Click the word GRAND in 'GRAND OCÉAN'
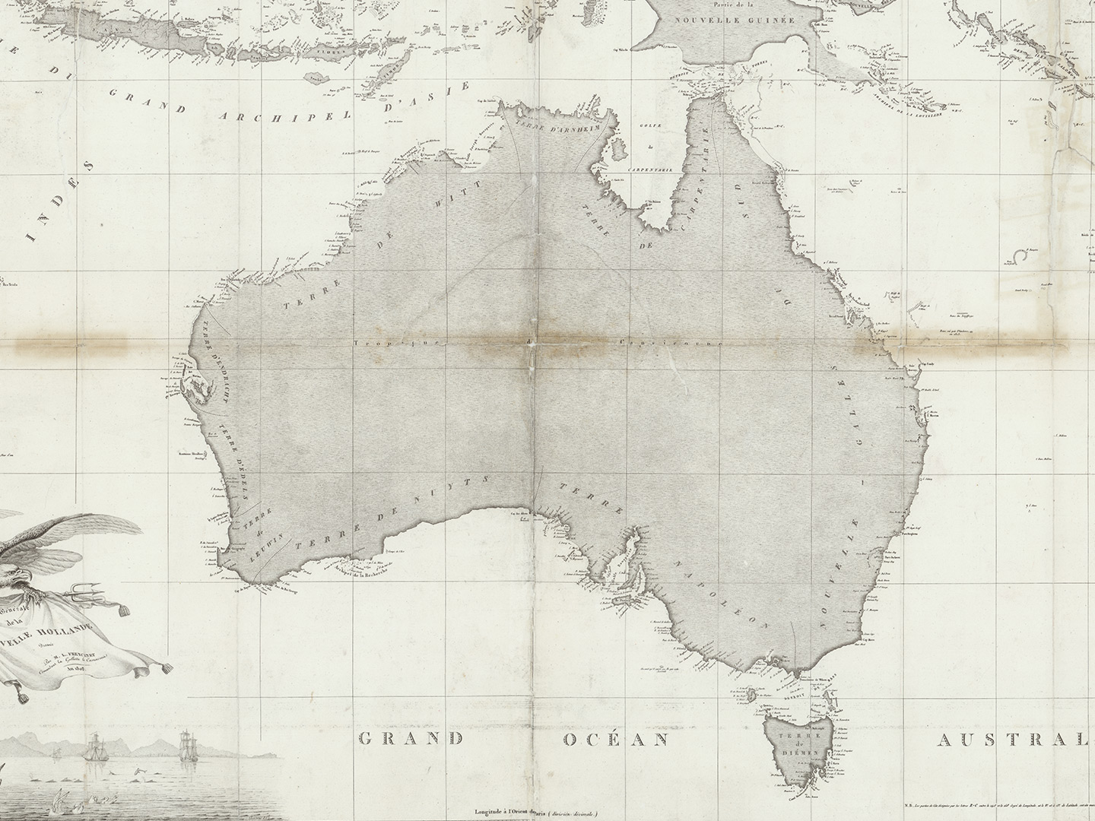(411, 738)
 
